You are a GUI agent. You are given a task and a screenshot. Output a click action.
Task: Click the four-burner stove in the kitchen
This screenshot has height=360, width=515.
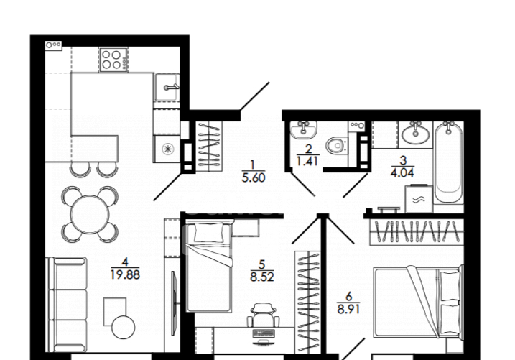pyautogui.click(x=113, y=60)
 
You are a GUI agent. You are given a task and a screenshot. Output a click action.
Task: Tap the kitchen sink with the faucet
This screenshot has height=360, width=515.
pyautogui.click(x=167, y=88)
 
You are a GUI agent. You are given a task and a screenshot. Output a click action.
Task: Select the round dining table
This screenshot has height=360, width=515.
pyautogui.click(x=89, y=214)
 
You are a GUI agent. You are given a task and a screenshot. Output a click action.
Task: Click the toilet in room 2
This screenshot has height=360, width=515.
pyautogui.click(x=336, y=145)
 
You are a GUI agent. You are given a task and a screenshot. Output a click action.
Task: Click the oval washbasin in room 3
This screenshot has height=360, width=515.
pyautogui.click(x=416, y=134)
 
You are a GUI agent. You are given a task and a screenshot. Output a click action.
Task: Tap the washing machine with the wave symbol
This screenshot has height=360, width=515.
pyautogui.click(x=419, y=198)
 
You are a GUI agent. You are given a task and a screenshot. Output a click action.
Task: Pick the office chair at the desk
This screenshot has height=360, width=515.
pyautogui.click(x=263, y=315)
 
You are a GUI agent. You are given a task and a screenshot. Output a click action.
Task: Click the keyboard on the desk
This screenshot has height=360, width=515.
pyautogui.click(x=263, y=333)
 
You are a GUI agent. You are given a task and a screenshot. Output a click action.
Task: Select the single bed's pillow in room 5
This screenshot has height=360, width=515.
pyautogui.click(x=209, y=233)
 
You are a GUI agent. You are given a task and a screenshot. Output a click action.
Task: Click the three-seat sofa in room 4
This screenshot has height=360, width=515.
pyautogui.click(x=68, y=305)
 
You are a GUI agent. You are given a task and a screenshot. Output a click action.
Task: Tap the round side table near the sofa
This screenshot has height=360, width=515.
pyautogui.click(x=123, y=327)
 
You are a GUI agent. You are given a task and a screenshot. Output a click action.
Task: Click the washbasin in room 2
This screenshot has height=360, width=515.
pyautogui.click(x=304, y=129)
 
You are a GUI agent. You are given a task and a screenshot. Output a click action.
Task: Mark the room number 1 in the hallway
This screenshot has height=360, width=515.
pyautogui.click(x=252, y=165)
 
